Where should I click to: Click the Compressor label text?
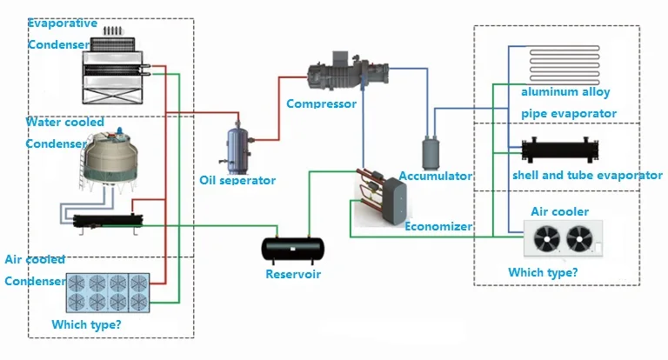[x=322, y=103]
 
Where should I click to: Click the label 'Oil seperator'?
[x=237, y=181]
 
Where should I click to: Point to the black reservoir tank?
[x=293, y=248]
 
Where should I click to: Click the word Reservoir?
[x=293, y=274]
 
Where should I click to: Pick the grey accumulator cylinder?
[x=430, y=152]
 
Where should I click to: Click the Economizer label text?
[x=438, y=226]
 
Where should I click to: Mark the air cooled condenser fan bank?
[x=110, y=293]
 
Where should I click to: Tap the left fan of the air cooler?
[x=548, y=237]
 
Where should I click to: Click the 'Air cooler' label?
[x=559, y=211]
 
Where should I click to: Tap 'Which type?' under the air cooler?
[x=543, y=273]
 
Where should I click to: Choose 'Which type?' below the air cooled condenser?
[x=86, y=324]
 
